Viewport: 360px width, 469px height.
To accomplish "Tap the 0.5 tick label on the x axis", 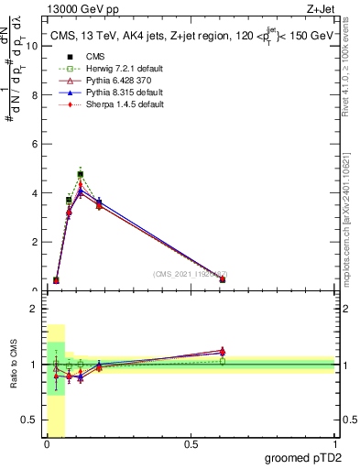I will [191, 445].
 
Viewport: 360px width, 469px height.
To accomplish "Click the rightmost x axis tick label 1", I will [334, 445].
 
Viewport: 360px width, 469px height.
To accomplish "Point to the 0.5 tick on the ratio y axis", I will [33, 420].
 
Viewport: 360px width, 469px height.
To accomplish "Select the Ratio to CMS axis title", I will [13, 366].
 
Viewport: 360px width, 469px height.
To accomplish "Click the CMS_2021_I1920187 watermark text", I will [190, 274].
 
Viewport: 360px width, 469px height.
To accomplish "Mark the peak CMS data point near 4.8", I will [81, 174].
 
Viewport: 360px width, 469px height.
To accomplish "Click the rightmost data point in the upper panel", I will [223, 279].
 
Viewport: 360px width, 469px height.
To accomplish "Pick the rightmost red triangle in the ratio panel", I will [223, 350].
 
